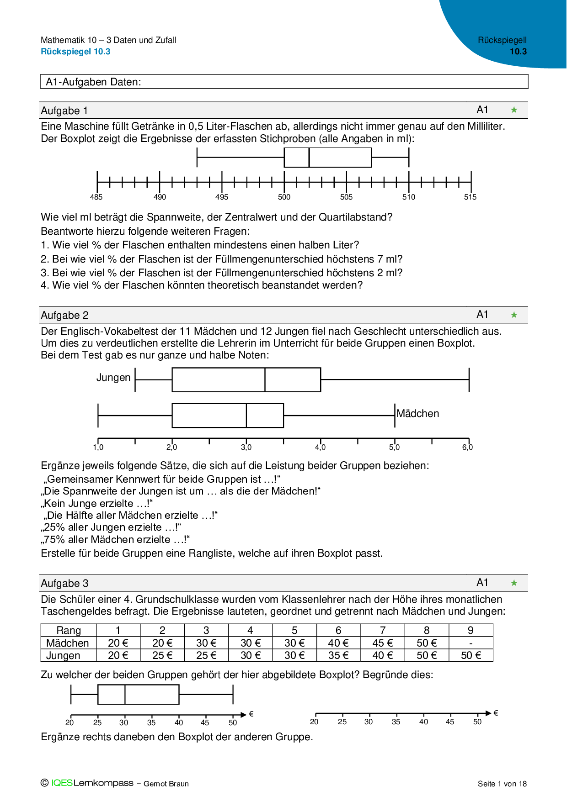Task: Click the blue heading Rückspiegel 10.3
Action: pos(75,52)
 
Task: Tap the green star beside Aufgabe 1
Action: pos(514,110)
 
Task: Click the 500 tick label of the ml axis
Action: pos(284,197)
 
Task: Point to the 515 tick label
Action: pos(470,197)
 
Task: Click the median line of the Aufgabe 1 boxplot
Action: pos(309,158)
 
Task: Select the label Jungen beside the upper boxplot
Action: pos(113,378)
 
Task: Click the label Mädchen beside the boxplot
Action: pos(417,414)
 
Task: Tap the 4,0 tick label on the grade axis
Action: pos(320,448)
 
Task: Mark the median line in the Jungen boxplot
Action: pos(265,379)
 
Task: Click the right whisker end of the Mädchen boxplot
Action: pos(395,416)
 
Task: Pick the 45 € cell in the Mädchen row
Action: pos(382,643)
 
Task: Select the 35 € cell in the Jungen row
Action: pos(338,655)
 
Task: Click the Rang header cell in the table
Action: pos(69,630)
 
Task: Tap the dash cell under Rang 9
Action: pos(471,643)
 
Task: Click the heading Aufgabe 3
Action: pos(64,584)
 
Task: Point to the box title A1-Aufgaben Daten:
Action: pos(93,82)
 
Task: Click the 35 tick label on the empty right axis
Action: pos(396,722)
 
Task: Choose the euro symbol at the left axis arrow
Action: pos(251,714)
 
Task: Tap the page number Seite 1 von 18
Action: pos(502,784)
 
